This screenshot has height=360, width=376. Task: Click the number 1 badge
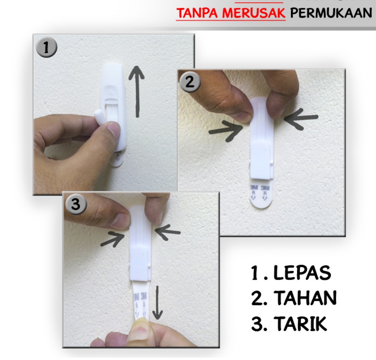47,48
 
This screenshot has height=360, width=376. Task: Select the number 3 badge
76,205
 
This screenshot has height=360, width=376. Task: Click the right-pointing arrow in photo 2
226,130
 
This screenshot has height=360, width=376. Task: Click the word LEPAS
302,273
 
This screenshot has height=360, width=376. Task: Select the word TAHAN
305,299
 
